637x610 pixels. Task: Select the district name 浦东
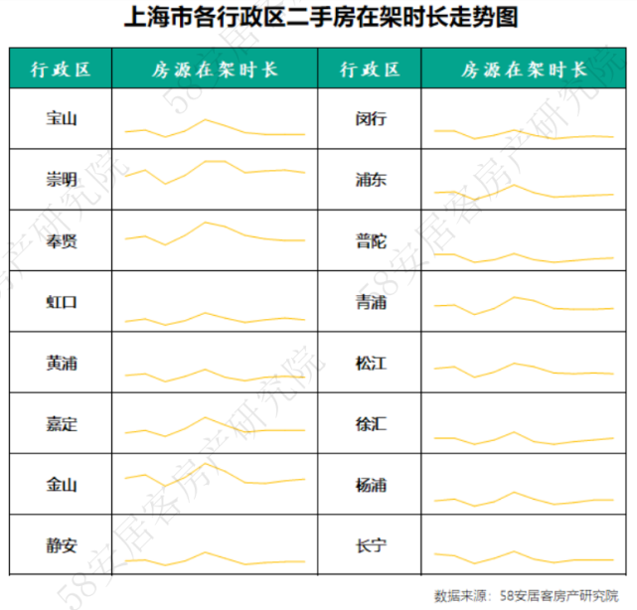[371, 180]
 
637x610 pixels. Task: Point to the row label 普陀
[371, 241]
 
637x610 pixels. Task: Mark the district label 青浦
[371, 302]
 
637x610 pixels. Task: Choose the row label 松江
[371, 364]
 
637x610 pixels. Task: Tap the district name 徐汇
[371, 424]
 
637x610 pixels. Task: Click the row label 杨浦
[371, 486]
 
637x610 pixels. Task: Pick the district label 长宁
[371, 546]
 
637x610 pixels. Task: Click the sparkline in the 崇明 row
[215, 171]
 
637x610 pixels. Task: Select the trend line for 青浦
[524, 305]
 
